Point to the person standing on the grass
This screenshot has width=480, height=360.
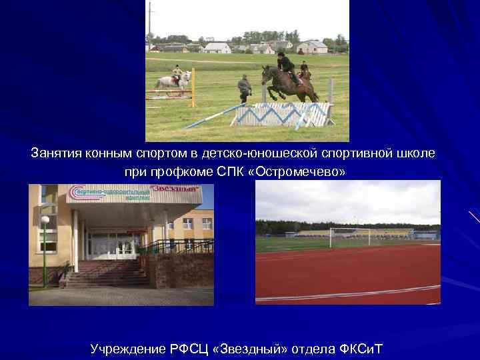245,88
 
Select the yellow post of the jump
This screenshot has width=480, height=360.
193,87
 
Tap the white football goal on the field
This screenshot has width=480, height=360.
349,236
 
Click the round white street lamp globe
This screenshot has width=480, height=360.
45,219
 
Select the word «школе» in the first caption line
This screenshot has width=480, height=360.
417,153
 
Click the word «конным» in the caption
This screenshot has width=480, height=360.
107,153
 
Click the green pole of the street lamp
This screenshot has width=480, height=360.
45,253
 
